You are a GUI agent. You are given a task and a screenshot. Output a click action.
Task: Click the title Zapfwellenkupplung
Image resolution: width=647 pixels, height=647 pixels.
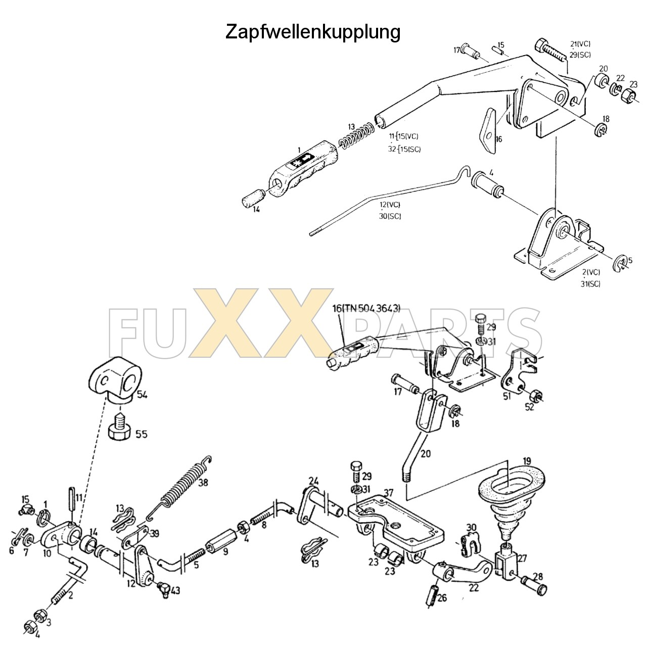[x=312, y=32]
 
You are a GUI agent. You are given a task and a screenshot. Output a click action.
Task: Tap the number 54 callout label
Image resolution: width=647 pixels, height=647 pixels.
[x=142, y=395]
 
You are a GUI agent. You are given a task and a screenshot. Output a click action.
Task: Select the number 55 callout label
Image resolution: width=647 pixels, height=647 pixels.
[x=142, y=434]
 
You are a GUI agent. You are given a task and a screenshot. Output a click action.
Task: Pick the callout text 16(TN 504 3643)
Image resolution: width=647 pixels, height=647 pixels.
[x=366, y=308]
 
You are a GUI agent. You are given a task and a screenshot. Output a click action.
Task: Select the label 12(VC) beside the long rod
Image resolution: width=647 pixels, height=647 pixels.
[x=390, y=205]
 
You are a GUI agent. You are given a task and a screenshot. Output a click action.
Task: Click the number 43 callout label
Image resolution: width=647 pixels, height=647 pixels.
[x=175, y=590]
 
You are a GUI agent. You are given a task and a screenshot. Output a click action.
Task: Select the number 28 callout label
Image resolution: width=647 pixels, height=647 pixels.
[x=537, y=577]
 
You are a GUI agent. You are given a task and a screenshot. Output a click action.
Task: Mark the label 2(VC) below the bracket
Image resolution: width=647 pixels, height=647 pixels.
[x=591, y=272]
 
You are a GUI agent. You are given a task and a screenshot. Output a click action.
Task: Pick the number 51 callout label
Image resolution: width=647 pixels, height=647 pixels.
[x=507, y=396]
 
